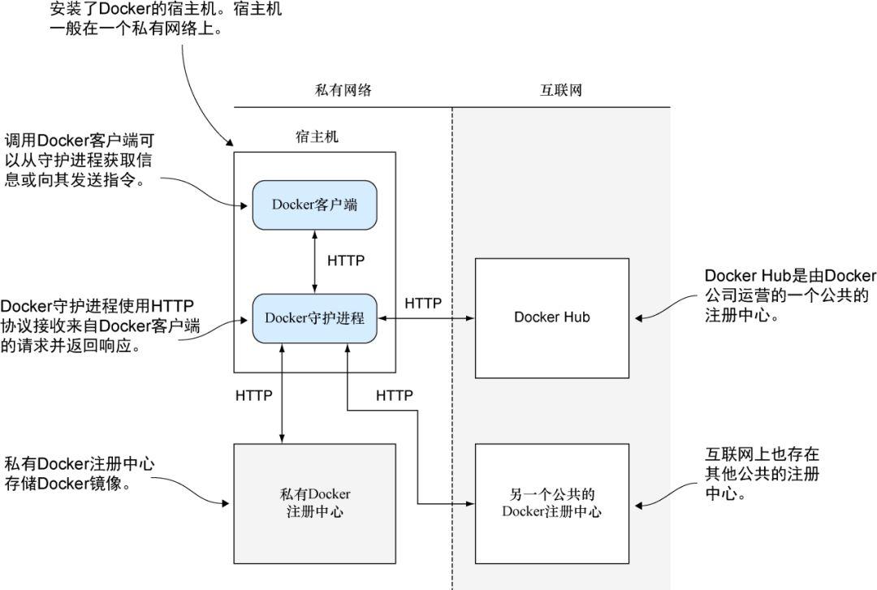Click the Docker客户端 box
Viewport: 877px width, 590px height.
[x=314, y=205]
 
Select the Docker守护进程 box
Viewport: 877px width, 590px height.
[x=314, y=317]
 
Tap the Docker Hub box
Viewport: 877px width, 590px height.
[x=551, y=317]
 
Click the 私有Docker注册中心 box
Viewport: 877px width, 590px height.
[x=314, y=503]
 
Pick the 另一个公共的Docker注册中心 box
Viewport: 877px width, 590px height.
[x=551, y=503]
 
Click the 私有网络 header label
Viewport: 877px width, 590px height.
[x=343, y=90]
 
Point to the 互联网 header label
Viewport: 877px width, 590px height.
[x=561, y=90]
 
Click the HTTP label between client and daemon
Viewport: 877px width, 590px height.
[x=346, y=261]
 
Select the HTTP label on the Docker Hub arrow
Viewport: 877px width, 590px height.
[x=423, y=304]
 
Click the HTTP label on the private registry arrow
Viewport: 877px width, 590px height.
[x=253, y=396]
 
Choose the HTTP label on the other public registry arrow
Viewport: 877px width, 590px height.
[x=395, y=396]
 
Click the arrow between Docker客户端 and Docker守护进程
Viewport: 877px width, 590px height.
[x=314, y=261]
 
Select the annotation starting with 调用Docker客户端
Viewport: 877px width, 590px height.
[x=78, y=160]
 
